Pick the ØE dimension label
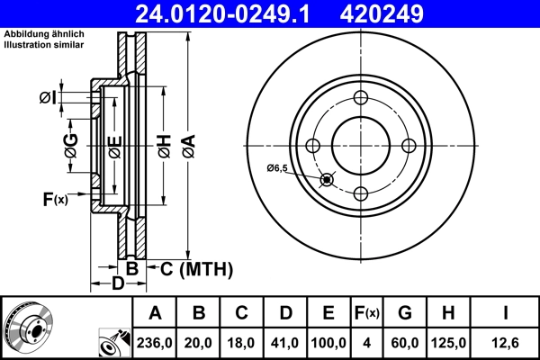click(x=113, y=147)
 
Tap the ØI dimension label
click(x=49, y=97)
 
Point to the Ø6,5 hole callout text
click(x=277, y=168)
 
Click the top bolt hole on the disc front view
click(x=360, y=98)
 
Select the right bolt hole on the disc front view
click(x=408, y=146)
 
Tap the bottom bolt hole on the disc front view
click(x=360, y=193)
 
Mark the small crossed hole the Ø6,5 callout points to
click(x=326, y=180)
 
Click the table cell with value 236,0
click(x=156, y=342)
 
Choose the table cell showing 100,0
click(x=328, y=342)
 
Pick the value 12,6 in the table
click(x=506, y=342)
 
